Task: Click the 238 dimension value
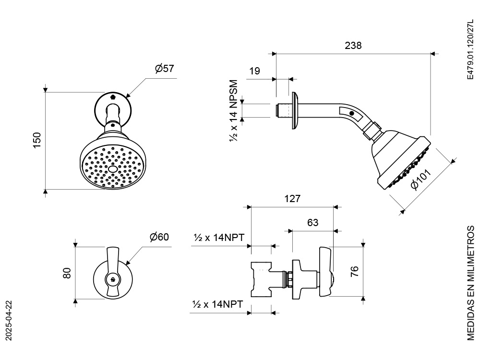click(353, 45)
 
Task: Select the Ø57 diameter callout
click(164, 68)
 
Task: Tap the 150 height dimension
click(37, 140)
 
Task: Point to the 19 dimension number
click(254, 71)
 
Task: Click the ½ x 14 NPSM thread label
click(234, 110)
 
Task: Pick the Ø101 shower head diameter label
click(421, 179)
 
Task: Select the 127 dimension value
click(292, 199)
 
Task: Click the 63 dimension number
click(312, 223)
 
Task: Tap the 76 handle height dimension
click(354, 272)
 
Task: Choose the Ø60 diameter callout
click(159, 237)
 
